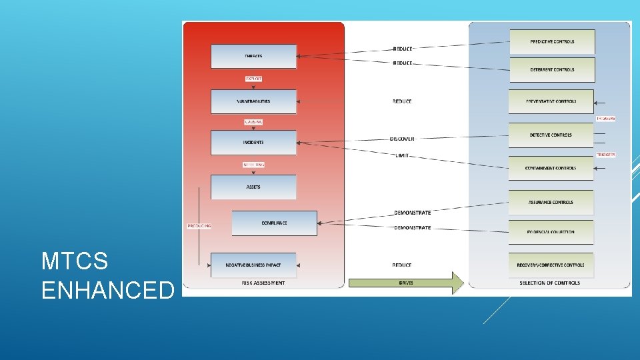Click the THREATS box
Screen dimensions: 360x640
click(x=253, y=56)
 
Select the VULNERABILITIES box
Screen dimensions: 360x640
click(x=253, y=101)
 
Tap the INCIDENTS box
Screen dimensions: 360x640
click(x=253, y=143)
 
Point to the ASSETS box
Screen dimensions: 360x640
click(x=253, y=187)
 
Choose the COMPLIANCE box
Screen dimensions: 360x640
click(x=274, y=223)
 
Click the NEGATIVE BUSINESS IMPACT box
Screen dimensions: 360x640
click(x=253, y=265)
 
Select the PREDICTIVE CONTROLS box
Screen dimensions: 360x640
click(x=552, y=42)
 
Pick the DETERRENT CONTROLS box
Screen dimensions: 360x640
click(x=552, y=69)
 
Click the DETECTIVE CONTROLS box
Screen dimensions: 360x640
click(x=551, y=135)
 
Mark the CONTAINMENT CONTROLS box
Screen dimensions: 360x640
click(x=551, y=168)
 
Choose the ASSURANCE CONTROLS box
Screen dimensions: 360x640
click(x=551, y=202)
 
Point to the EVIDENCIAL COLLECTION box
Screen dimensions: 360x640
click(x=551, y=232)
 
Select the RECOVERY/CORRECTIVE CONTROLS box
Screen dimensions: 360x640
click(x=551, y=265)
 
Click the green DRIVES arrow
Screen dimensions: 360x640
click(x=406, y=283)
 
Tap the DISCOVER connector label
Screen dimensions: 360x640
click(x=402, y=139)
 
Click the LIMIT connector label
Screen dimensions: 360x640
click(x=402, y=156)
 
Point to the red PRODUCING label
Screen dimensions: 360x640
click(x=199, y=226)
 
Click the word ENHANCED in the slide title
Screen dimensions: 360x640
click(x=107, y=291)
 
